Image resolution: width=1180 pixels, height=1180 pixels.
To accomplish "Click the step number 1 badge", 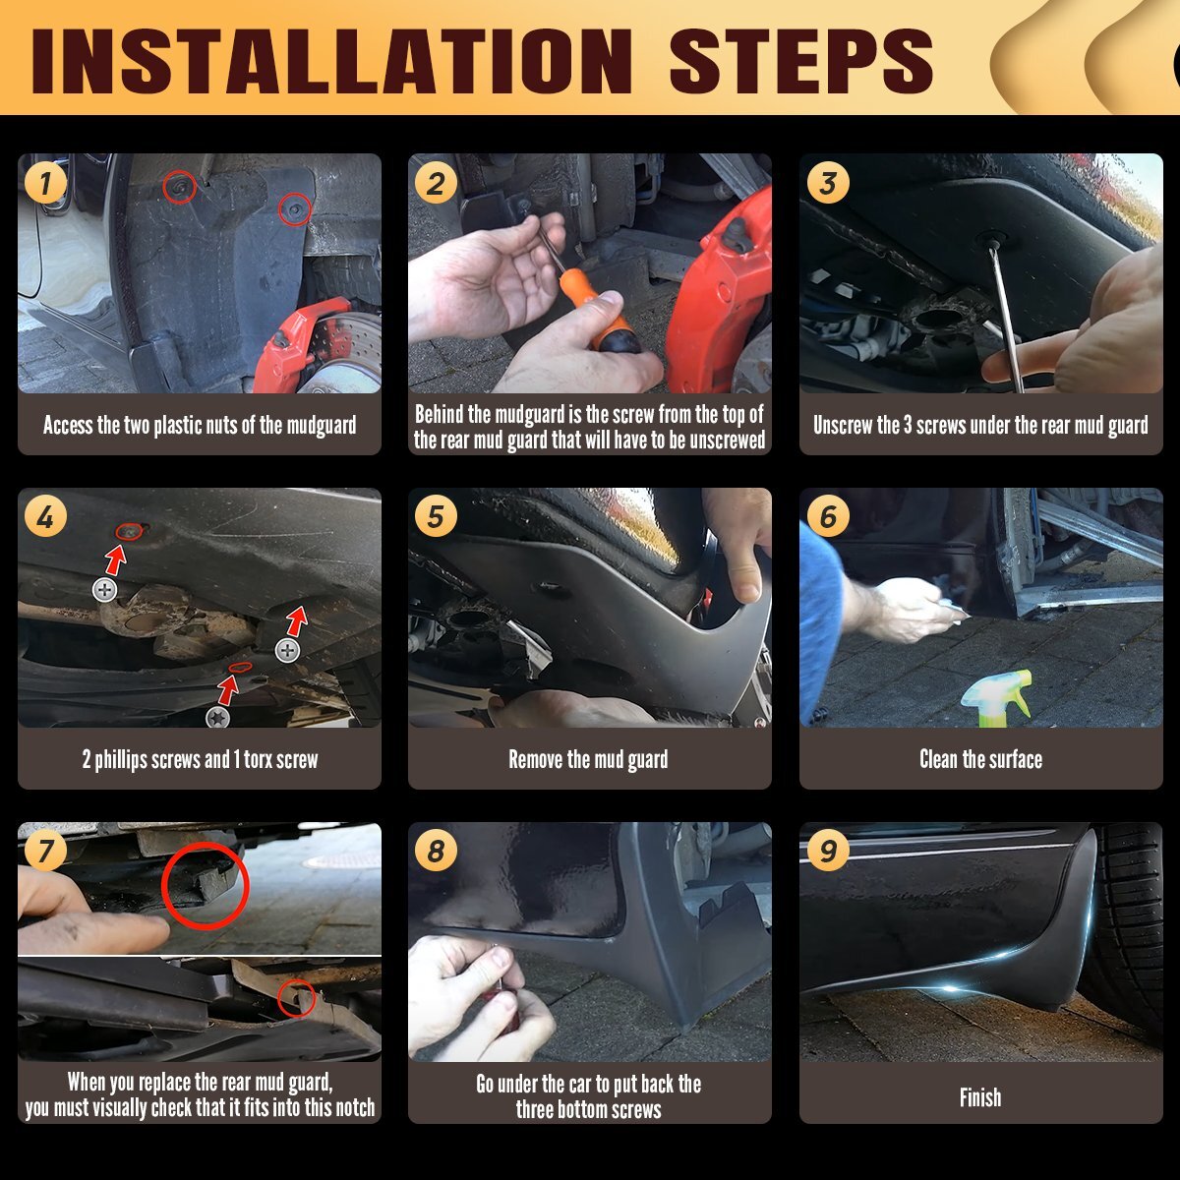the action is pyautogui.click(x=45, y=183).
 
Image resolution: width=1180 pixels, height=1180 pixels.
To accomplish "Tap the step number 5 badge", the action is pyautogui.click(x=436, y=516).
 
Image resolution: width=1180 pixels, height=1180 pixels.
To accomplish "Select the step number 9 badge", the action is pyautogui.click(x=828, y=850).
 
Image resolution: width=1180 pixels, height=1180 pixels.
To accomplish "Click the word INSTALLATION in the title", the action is pyautogui.click(x=331, y=61).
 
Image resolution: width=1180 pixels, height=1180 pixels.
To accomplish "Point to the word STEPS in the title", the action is pyautogui.click(x=801, y=61).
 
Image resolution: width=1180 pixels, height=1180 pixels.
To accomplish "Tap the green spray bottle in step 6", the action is pyautogui.click(x=997, y=699).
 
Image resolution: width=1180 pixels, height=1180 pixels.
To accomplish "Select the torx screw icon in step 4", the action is pyautogui.click(x=218, y=717).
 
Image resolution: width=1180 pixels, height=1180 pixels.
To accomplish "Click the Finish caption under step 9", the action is pyautogui.click(x=980, y=1096).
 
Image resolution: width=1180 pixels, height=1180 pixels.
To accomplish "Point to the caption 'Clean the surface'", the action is pyautogui.click(x=980, y=759).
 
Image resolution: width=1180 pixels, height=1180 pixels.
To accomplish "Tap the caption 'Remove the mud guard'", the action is pyautogui.click(x=588, y=760).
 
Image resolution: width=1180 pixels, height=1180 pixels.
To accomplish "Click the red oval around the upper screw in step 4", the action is pyautogui.click(x=129, y=532).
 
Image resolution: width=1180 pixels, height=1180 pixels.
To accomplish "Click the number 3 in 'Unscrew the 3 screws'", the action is pyautogui.click(x=908, y=425).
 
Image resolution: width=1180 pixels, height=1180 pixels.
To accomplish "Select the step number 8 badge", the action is pyautogui.click(x=436, y=850).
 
